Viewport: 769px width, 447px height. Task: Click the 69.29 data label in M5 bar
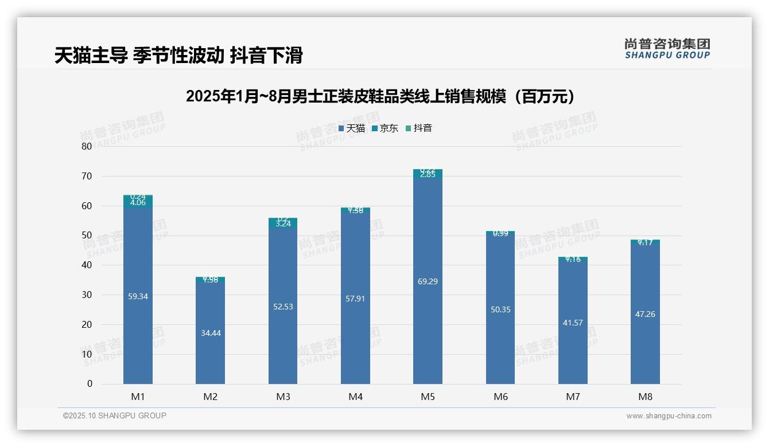click(x=428, y=281)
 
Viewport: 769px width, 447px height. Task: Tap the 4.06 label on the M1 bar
click(x=138, y=202)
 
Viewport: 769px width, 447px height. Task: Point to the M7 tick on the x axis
click(x=573, y=397)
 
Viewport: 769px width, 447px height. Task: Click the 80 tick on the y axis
click(x=87, y=146)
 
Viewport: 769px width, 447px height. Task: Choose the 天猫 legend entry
click(x=352, y=128)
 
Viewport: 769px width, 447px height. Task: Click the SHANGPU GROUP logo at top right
click(x=667, y=49)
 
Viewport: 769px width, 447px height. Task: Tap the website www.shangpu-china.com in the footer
click(x=669, y=416)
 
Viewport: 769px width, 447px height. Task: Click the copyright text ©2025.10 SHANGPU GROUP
click(x=115, y=415)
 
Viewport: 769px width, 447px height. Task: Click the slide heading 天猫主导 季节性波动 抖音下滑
click(x=178, y=56)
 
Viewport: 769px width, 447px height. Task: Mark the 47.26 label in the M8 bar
click(x=645, y=314)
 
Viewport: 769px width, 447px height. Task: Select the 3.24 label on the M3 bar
click(x=283, y=224)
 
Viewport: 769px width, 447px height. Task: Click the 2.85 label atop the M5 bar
click(x=428, y=175)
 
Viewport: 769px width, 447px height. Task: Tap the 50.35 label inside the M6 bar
click(x=500, y=309)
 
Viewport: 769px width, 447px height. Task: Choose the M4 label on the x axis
click(x=355, y=397)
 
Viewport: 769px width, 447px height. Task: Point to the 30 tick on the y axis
click(x=87, y=295)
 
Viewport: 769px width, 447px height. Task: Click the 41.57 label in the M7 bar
click(x=573, y=323)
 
